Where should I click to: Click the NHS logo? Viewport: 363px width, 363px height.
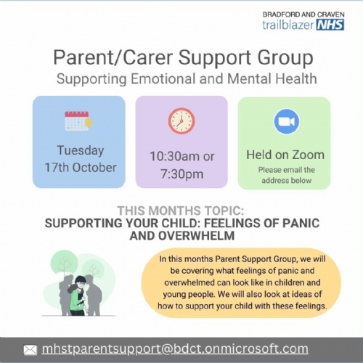click(x=330, y=25)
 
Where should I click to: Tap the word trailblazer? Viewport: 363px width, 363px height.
click(x=288, y=25)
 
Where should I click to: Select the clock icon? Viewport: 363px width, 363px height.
click(x=181, y=121)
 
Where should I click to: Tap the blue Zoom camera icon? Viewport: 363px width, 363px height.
click(x=287, y=121)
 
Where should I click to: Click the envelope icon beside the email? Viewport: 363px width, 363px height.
click(x=30, y=350)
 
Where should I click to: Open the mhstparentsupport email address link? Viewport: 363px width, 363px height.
click(x=175, y=349)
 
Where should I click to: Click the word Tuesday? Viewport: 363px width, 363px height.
click(x=81, y=150)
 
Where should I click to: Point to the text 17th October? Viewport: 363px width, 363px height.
click(x=81, y=168)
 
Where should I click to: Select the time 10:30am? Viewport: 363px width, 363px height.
click(x=174, y=156)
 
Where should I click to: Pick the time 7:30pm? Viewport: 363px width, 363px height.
click(x=181, y=174)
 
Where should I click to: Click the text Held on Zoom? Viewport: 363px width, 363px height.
click(x=285, y=155)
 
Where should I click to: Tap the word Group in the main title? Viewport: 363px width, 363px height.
click(x=285, y=58)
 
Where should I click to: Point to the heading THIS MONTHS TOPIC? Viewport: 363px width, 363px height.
click(x=181, y=211)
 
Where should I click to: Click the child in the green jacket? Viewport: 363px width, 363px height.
click(x=78, y=296)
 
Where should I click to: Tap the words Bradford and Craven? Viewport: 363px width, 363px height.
click(x=303, y=15)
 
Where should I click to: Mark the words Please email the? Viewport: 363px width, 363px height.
click(x=286, y=170)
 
